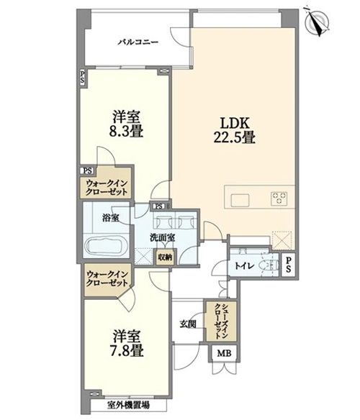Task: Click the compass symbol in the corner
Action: coord(317,22)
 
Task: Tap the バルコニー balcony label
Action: coord(138,42)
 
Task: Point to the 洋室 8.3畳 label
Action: coord(126,124)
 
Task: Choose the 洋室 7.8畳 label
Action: coord(126,344)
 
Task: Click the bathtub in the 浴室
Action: coord(107,245)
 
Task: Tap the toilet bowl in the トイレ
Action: coord(269,266)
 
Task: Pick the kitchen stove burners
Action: coord(279,198)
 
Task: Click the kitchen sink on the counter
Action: coord(240,200)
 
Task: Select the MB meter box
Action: coord(224,354)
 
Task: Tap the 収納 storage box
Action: coord(165,257)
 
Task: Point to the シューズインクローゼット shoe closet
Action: coord(221,321)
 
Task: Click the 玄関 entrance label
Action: coord(188,324)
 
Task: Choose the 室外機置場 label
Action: coord(128,406)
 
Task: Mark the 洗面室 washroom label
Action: coord(162,237)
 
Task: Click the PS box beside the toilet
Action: coord(288,265)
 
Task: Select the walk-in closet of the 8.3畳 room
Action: coord(107,183)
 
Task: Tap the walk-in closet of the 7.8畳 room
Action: coord(107,279)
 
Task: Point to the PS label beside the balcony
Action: coord(82,77)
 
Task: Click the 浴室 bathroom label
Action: coord(111,218)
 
